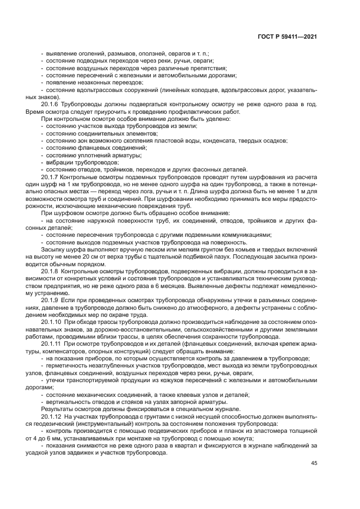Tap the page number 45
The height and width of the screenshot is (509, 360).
(314, 463)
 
